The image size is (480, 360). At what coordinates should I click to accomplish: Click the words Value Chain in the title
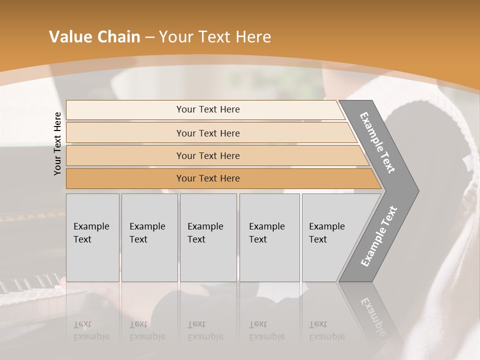pos(94,37)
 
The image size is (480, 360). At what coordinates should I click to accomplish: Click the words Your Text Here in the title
pos(215,37)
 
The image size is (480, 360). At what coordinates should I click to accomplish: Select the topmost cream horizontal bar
pos(208,109)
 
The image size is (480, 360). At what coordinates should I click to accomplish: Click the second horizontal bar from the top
pos(208,133)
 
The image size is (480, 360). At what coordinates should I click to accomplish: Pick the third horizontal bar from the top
pos(208,155)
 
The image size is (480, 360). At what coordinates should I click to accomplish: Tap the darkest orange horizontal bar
pos(208,178)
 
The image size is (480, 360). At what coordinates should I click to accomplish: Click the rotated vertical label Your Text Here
pos(57,143)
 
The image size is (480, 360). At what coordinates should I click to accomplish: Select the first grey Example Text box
pos(92,237)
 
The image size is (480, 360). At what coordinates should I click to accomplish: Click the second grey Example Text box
pos(149,237)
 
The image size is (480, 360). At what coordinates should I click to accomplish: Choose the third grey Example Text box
pos(207,237)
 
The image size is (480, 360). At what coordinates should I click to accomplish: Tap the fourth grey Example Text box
pos(269,237)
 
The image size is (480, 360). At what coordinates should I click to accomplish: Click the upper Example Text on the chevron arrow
pos(377,142)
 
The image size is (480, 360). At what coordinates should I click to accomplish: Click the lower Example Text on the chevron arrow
pos(379,236)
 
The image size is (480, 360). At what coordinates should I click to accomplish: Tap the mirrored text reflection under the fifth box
pos(326,331)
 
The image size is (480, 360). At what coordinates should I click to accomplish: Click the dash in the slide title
pos(149,37)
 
